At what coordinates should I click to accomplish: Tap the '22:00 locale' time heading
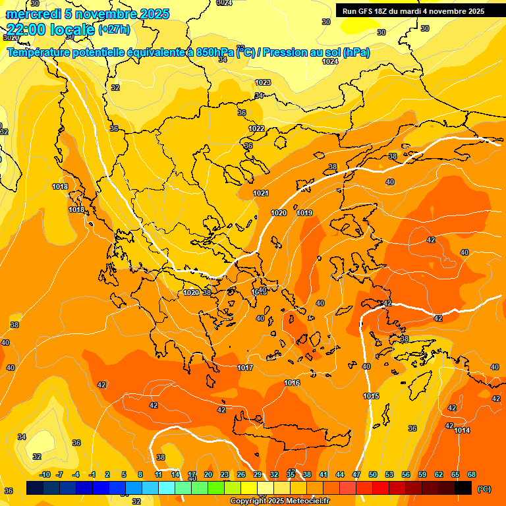(x=50, y=29)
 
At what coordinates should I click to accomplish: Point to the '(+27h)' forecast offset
(x=113, y=30)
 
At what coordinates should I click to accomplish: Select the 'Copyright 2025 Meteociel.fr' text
(x=279, y=501)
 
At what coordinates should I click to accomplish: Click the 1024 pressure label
(x=330, y=61)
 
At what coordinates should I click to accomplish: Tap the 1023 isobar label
(x=263, y=82)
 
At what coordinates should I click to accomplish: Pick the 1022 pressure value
(x=256, y=128)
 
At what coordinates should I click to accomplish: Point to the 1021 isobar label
(x=261, y=193)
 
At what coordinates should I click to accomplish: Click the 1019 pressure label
(x=304, y=213)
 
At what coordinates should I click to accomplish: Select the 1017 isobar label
(x=245, y=368)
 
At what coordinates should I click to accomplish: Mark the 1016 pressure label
(x=292, y=383)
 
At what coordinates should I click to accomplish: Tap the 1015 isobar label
(x=371, y=396)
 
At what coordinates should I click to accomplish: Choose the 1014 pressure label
(x=462, y=430)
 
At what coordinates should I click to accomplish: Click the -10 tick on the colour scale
(x=45, y=474)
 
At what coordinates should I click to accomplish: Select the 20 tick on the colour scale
(x=208, y=474)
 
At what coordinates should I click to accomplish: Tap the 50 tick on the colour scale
(x=372, y=474)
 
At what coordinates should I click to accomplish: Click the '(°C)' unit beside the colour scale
(x=484, y=489)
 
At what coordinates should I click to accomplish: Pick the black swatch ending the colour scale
(x=463, y=488)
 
